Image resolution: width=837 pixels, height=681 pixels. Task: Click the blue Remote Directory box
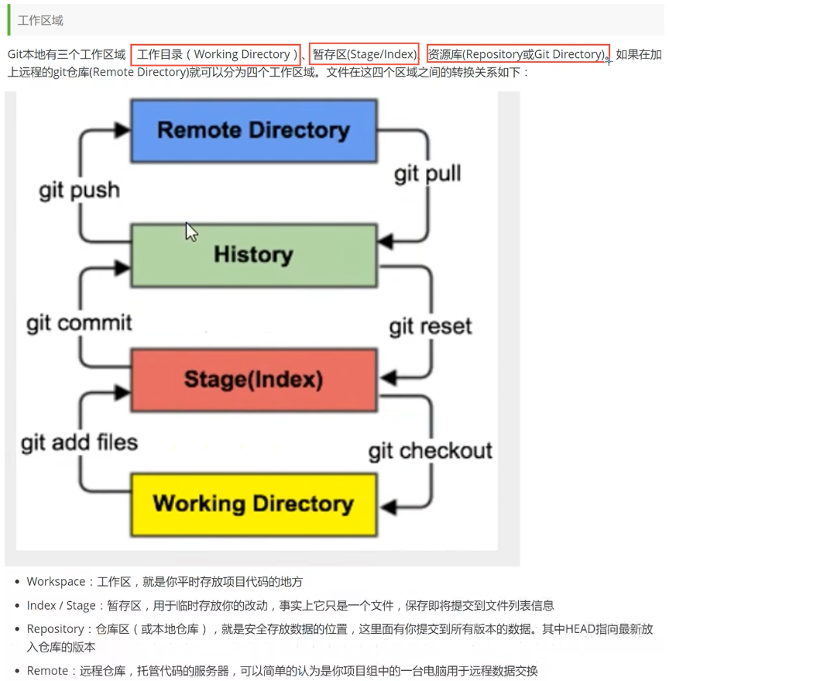pyautogui.click(x=253, y=130)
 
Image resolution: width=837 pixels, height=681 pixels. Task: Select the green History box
pyautogui.click(x=253, y=255)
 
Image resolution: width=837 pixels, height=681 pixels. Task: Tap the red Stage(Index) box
pyautogui.click(x=253, y=379)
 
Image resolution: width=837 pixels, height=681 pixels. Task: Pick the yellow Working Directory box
pyautogui.click(x=253, y=504)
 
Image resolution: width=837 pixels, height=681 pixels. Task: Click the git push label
pyautogui.click(x=79, y=190)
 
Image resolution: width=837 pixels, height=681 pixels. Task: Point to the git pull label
pyautogui.click(x=427, y=173)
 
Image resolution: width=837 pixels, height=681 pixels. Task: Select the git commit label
pyautogui.click(x=79, y=322)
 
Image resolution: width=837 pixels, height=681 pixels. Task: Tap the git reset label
pyautogui.click(x=431, y=326)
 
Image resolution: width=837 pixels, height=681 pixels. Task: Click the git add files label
pyautogui.click(x=79, y=443)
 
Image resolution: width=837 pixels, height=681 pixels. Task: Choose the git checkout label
pyautogui.click(x=431, y=450)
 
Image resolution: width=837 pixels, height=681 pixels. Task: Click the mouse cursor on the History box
pyautogui.click(x=190, y=231)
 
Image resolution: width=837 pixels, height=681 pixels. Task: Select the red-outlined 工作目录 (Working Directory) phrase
pyautogui.click(x=215, y=54)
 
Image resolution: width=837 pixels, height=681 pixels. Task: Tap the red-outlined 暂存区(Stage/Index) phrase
pyautogui.click(x=364, y=54)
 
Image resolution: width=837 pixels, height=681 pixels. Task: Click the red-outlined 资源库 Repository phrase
pyautogui.click(x=517, y=54)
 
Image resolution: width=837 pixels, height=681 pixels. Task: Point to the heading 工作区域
pyautogui.click(x=40, y=20)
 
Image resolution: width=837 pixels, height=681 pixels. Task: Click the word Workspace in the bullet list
pyautogui.click(x=56, y=581)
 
